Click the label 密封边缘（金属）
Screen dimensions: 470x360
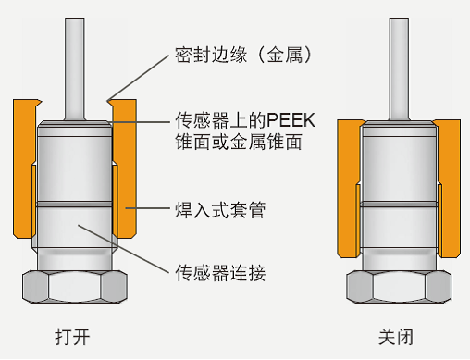(x=243, y=56)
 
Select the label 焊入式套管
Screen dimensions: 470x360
(x=220, y=210)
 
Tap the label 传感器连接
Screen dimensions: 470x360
(x=220, y=273)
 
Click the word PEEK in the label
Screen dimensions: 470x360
(x=291, y=120)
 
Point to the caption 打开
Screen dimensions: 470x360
(x=73, y=337)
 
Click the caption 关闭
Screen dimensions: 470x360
(x=396, y=337)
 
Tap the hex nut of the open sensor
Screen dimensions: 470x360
(x=75, y=287)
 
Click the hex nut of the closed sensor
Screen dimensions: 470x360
(x=399, y=287)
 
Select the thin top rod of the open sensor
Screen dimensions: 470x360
(x=75, y=68)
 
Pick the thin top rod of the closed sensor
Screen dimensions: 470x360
(x=399, y=68)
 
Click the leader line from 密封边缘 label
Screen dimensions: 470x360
(x=139, y=79)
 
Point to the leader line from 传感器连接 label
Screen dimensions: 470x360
(x=123, y=249)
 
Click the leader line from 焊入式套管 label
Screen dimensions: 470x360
(x=147, y=208)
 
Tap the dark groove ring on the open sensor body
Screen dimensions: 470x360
(x=74, y=205)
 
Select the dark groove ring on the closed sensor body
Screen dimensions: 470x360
(x=399, y=204)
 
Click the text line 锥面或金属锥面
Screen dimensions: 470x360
(x=238, y=142)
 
